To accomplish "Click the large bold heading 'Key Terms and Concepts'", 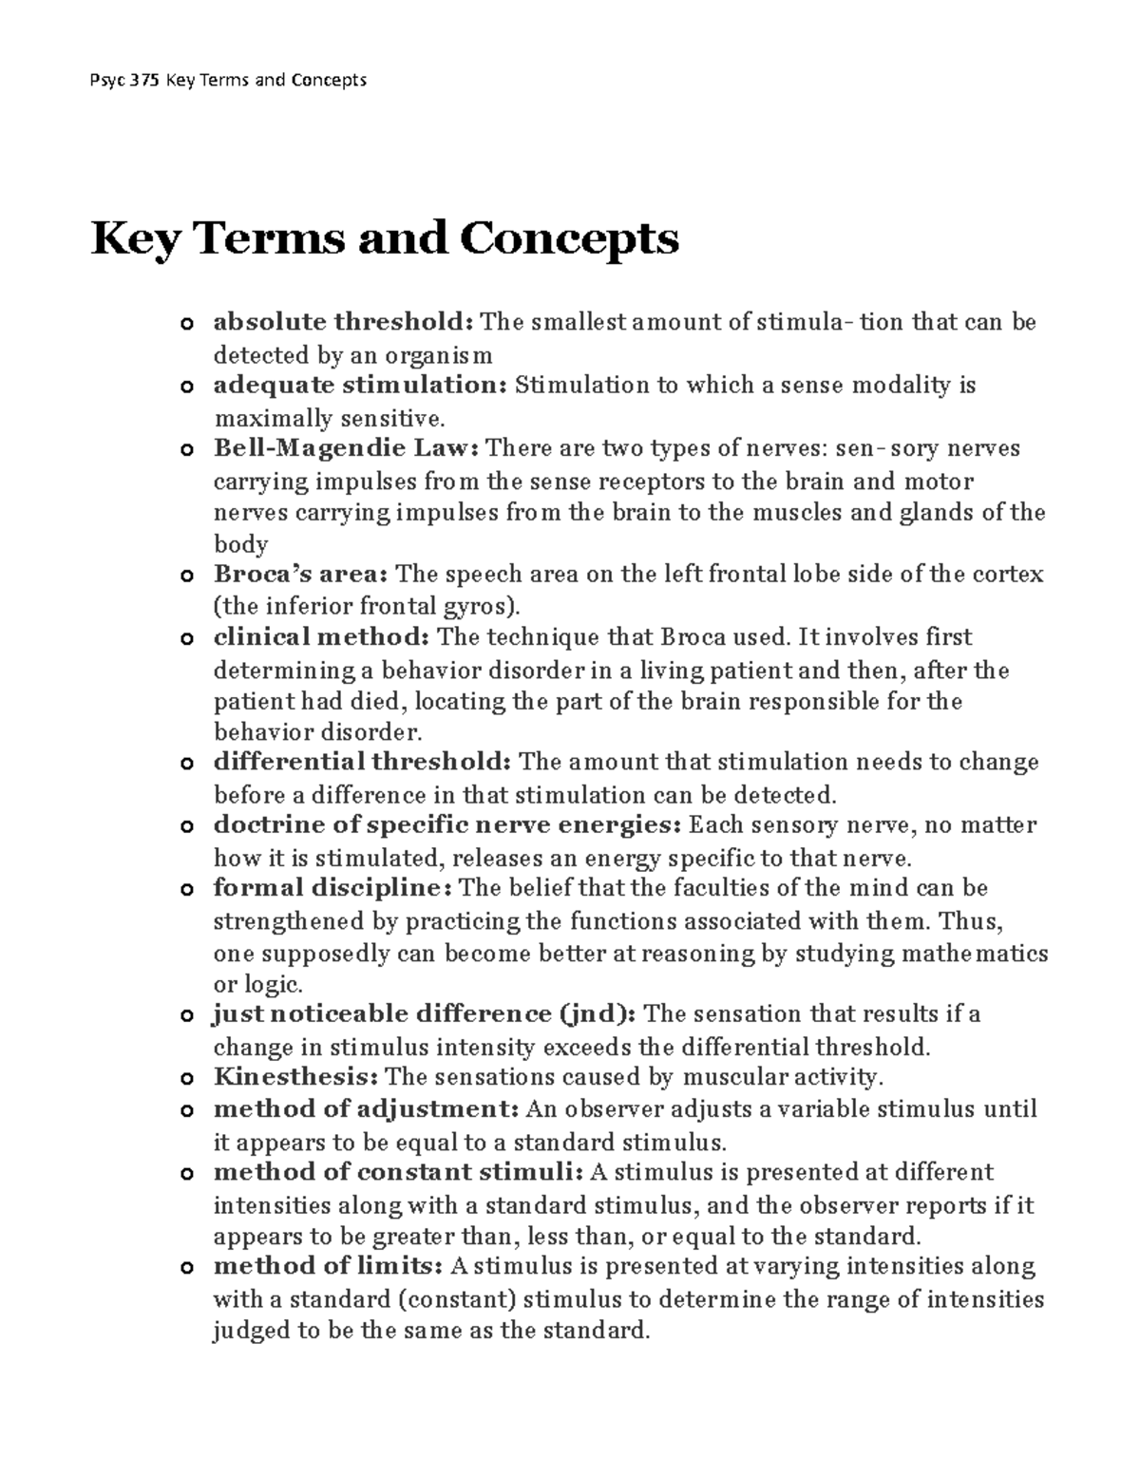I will pyautogui.click(x=385, y=237).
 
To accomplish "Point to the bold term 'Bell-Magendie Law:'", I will pyautogui.click(x=348, y=447).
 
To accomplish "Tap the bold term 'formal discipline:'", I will pyautogui.click(x=332, y=888).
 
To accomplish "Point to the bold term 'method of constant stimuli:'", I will pyautogui.click(x=398, y=1171).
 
